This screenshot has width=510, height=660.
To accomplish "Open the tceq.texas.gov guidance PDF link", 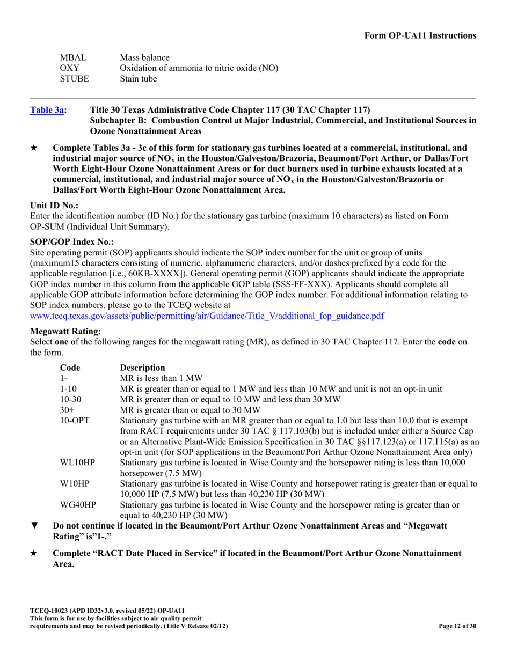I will pos(207,316).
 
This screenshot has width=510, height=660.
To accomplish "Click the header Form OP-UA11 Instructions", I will pos(420,35).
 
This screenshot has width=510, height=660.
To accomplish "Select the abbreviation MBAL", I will pos(72,57).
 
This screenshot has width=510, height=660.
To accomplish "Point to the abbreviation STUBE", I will pos(74,79).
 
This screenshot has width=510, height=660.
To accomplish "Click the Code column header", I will pos(70,368).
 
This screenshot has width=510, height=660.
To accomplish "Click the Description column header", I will pos(143,368).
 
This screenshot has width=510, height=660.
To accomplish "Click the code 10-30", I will pos(70,399).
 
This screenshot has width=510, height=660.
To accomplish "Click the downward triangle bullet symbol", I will pos(34,526).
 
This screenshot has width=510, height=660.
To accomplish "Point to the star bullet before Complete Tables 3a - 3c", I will pos(34,148).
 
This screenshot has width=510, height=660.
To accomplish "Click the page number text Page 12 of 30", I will pos(457,626).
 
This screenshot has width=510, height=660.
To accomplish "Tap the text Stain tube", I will pos(139,79).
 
